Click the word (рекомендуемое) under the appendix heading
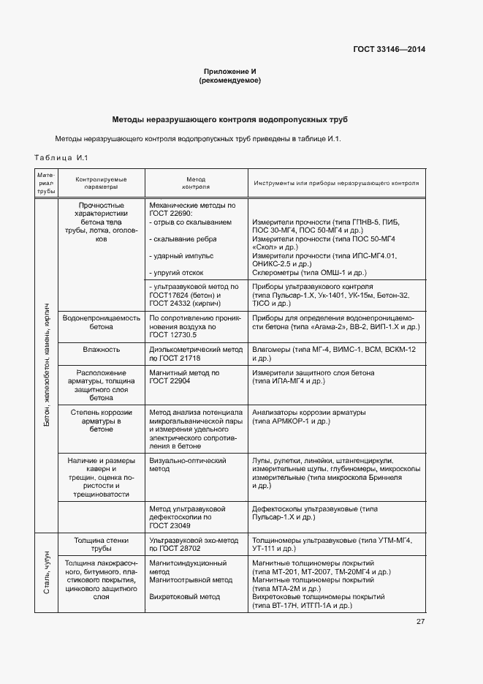tap(229, 80)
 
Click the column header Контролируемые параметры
tap(101, 183)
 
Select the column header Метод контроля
tap(196, 183)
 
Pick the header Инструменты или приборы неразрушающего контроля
tap(336, 183)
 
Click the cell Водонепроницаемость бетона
tap(101, 323)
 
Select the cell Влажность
tap(101, 350)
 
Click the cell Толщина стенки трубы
tap(101, 544)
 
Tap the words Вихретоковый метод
tap(184, 597)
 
